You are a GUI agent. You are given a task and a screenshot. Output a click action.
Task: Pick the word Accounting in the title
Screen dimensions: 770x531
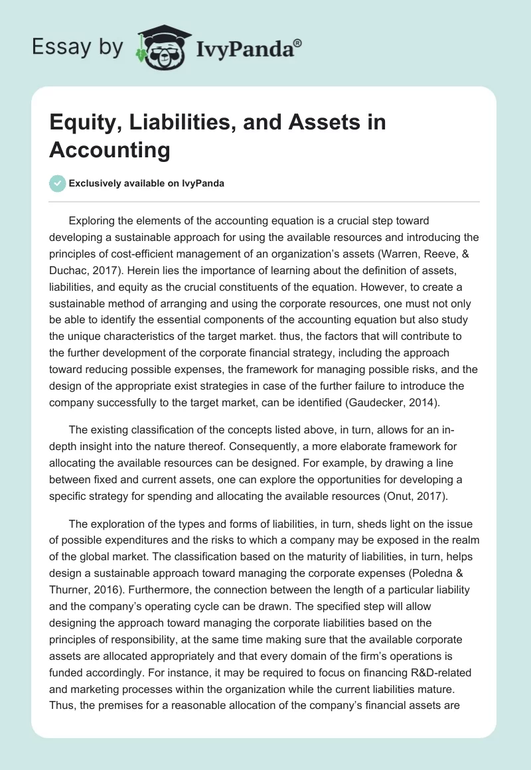[110, 150]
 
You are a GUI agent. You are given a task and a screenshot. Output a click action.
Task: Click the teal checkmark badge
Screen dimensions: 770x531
[57, 183]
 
